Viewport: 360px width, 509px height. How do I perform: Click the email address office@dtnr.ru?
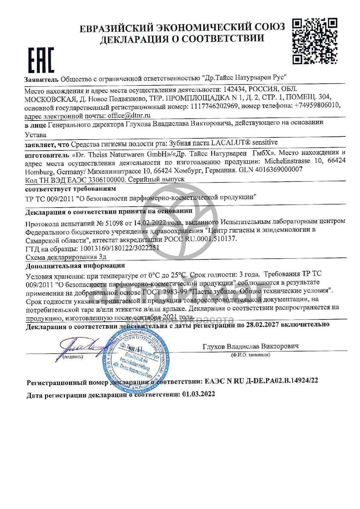[x=130, y=115]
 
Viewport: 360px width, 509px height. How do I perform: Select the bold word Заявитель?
[x=42, y=78]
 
